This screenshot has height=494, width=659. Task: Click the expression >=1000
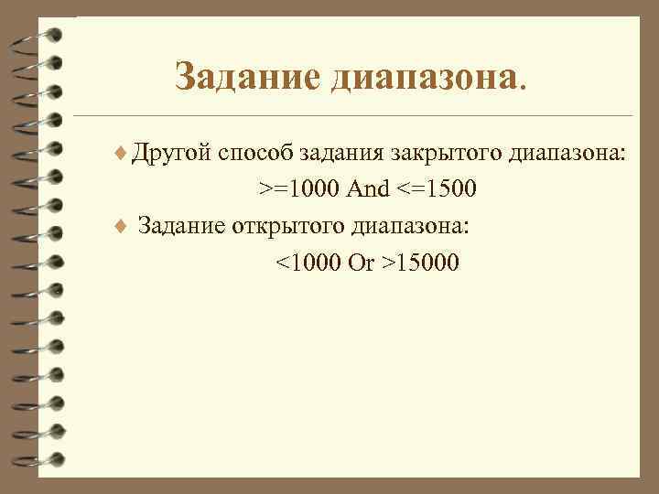click(298, 189)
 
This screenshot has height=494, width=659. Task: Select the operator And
click(368, 189)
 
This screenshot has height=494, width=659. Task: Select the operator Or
click(362, 263)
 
